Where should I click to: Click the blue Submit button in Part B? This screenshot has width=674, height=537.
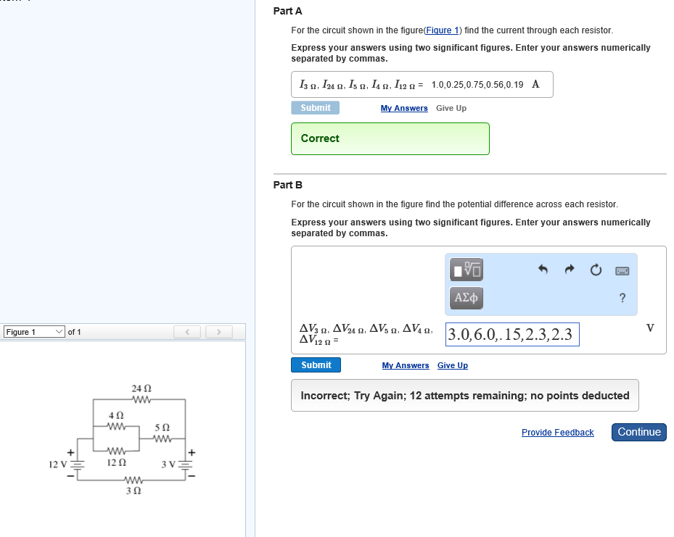tap(316, 365)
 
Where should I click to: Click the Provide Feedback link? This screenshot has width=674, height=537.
tap(557, 433)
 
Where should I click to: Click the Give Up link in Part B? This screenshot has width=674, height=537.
tap(452, 365)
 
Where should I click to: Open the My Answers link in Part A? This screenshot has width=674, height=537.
tap(404, 108)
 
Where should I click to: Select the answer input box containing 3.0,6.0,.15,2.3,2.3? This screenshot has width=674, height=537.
tap(512, 334)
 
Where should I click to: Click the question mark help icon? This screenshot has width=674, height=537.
tap(622, 298)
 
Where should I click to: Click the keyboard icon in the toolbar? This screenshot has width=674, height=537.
tap(622, 270)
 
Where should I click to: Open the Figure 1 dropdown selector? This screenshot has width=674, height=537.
tap(35, 332)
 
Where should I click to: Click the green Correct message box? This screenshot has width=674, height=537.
tap(390, 138)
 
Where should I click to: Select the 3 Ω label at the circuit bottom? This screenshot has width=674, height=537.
tap(133, 491)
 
